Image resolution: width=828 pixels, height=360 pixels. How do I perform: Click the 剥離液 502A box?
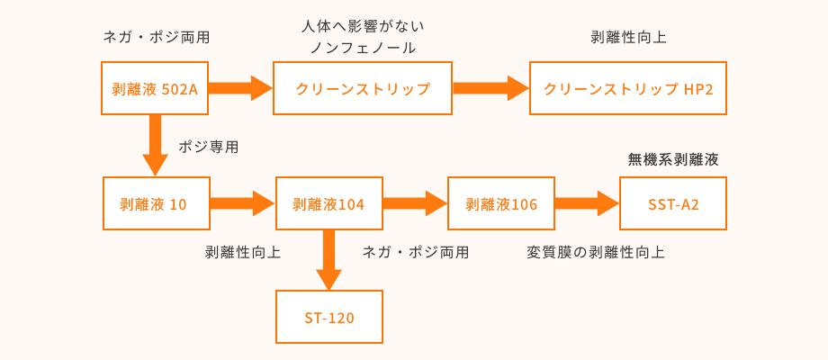tap(155, 88)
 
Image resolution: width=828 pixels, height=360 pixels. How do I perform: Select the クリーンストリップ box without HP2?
tap(363, 88)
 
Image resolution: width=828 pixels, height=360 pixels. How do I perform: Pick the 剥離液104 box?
tap(328, 203)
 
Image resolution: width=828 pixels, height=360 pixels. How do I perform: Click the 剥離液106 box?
tap(501, 203)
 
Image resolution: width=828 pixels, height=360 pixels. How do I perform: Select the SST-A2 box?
tap(673, 203)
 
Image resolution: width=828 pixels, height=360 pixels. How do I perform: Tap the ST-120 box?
tap(328, 317)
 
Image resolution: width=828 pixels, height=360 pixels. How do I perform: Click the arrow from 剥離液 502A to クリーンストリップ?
tap(241, 88)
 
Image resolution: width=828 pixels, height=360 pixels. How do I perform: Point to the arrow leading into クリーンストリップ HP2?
tap(490, 88)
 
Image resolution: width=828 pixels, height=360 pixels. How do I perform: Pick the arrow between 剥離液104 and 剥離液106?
tap(415, 203)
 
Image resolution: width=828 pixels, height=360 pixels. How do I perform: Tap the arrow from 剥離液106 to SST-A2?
tap(587, 203)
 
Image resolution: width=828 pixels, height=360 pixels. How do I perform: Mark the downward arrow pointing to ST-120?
tap(328, 260)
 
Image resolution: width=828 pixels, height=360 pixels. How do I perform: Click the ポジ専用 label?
tap(209, 147)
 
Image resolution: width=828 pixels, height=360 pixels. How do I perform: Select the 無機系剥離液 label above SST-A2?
tap(673, 159)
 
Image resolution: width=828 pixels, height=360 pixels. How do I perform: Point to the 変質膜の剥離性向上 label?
tap(596, 252)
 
